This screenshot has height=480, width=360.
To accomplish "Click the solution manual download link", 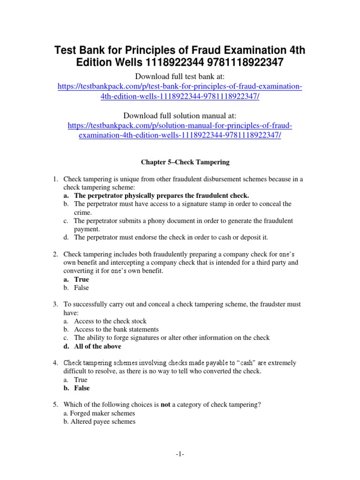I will [180, 131].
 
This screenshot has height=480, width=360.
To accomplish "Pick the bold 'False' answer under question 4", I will [82, 388].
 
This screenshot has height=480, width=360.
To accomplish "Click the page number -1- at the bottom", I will [180, 454].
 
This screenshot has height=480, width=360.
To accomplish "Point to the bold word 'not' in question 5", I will [165, 405].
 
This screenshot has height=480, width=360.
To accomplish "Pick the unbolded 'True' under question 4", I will [81, 380].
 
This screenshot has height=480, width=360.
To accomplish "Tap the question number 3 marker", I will [54, 305].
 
